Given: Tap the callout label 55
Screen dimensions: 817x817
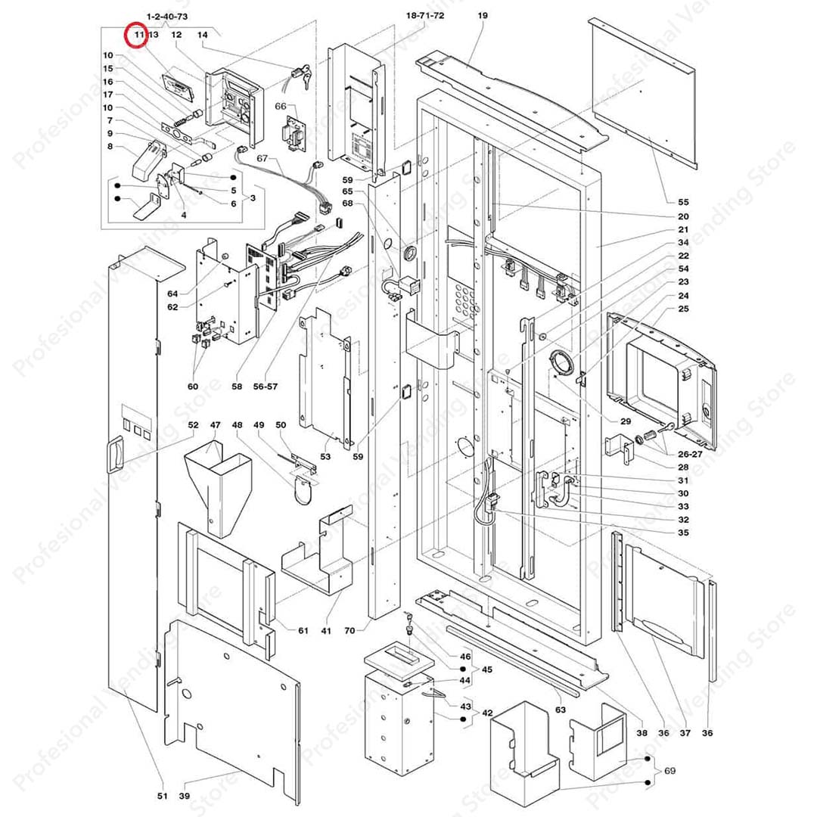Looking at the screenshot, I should [x=683, y=202].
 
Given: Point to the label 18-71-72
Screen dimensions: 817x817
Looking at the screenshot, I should [x=425, y=16].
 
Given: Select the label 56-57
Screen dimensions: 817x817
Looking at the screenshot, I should [x=266, y=387].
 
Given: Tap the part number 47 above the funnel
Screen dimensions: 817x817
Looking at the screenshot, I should [x=215, y=425].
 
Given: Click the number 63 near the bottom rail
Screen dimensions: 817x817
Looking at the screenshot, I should [x=560, y=710].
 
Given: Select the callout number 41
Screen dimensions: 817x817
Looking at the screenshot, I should [x=326, y=630].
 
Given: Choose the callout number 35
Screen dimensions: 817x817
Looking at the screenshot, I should [x=683, y=533].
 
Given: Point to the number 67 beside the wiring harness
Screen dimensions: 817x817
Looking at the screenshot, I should [x=262, y=159].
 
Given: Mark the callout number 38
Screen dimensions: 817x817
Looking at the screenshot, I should [x=641, y=732].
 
